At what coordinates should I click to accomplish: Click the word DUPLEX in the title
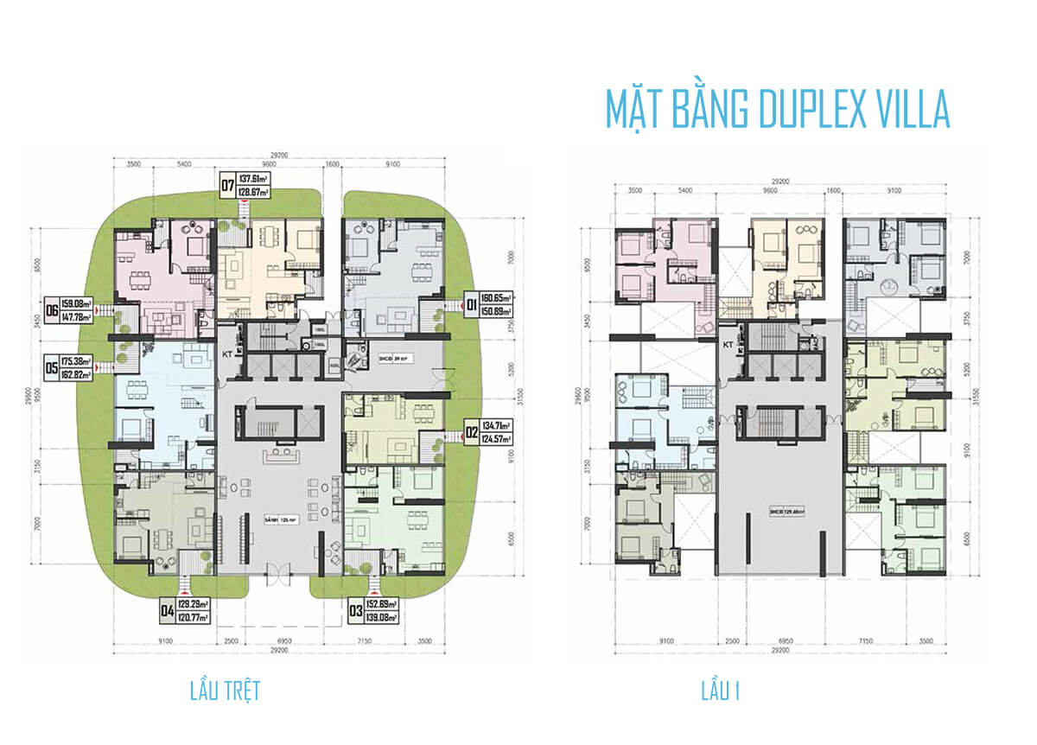[x=795, y=110]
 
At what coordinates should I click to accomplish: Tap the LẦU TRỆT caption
[x=225, y=691]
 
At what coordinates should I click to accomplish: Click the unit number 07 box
[x=228, y=184]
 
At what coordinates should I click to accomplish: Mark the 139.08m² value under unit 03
[x=380, y=618]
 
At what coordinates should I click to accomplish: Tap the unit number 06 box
[x=54, y=309]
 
